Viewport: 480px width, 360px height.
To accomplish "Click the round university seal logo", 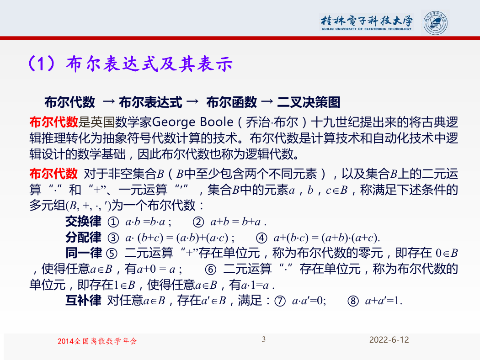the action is point(435,23).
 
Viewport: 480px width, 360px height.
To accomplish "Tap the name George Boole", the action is point(192,122).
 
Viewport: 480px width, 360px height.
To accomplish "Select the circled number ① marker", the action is point(113,222).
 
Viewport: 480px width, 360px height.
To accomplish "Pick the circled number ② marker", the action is point(198,222).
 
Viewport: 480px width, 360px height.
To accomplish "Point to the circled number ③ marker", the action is point(113,238).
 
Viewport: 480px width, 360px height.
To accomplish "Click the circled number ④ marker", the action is point(261,238).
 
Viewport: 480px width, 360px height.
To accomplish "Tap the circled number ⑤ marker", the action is point(112,254).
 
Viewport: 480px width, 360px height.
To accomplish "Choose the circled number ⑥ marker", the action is point(211,270).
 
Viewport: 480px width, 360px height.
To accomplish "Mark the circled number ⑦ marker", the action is point(280,301).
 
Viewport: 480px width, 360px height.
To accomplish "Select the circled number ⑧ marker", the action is point(353,301).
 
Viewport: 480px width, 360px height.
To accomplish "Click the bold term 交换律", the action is point(83,222).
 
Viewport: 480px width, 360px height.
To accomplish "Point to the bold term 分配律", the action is point(83,238).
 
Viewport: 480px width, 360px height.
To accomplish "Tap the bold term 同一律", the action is point(83,253).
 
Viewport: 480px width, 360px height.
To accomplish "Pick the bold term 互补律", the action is point(83,301).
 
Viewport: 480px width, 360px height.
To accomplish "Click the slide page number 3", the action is point(264,339).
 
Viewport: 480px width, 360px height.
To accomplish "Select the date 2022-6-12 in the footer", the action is point(389,340).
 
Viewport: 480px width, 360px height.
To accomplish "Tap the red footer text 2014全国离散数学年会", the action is point(97,341).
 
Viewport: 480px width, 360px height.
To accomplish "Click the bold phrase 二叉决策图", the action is point(309,102).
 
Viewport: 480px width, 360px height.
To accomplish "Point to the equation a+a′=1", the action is point(384,301).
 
